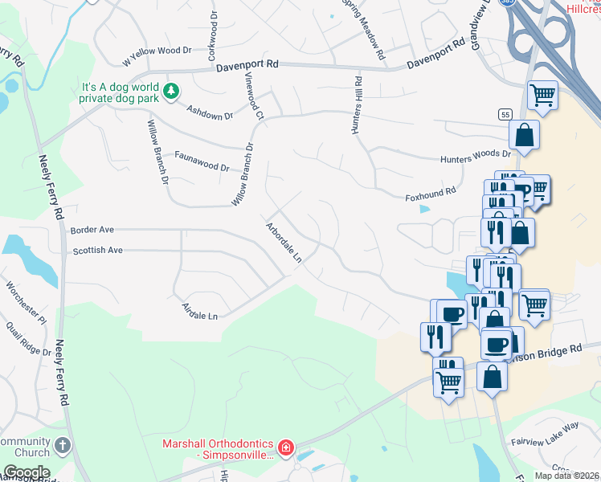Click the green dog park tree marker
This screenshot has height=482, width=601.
point(170,92)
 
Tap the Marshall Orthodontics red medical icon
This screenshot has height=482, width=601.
point(285,447)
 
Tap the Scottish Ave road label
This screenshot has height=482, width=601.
point(97,251)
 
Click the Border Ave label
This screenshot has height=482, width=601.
point(92,230)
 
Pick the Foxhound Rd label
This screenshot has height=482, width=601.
point(431,193)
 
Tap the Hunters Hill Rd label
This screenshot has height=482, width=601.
point(357,105)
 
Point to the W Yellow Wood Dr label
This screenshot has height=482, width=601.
point(157,55)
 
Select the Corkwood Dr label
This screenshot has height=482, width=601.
point(213,36)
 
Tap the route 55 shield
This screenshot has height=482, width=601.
point(504,115)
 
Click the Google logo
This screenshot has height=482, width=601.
point(27,472)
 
